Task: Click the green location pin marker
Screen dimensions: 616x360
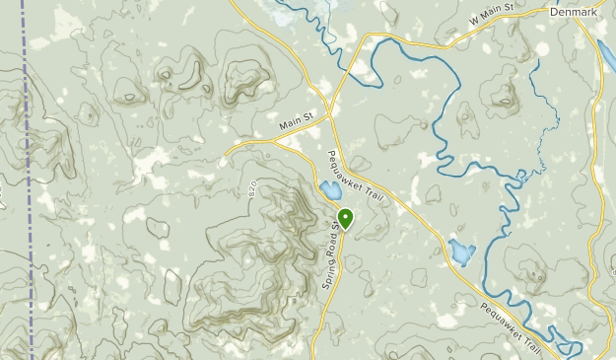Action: (x=345, y=217)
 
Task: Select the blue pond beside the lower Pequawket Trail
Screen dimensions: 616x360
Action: (x=460, y=252)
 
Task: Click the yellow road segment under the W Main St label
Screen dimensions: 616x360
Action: (x=463, y=34)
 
